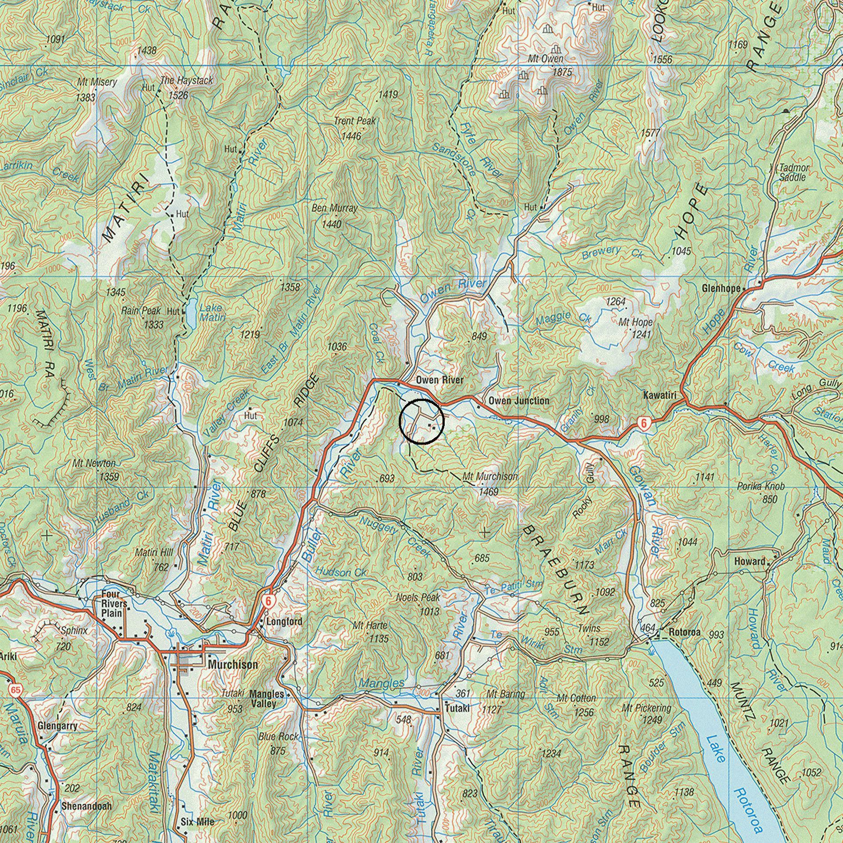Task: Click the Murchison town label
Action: (x=233, y=665)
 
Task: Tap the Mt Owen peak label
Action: (x=545, y=58)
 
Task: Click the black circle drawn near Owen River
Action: (x=421, y=421)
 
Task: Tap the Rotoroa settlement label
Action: (x=685, y=632)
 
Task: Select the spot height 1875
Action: (x=562, y=72)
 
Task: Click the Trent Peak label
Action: (x=355, y=121)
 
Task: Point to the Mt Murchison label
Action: (x=490, y=476)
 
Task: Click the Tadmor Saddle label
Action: (x=793, y=173)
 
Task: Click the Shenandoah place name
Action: (x=87, y=806)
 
